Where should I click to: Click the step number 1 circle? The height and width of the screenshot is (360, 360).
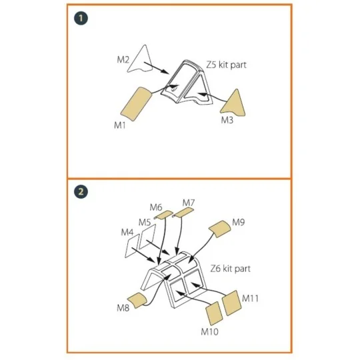point(81,18)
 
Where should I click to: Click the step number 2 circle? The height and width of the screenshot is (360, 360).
point(81,191)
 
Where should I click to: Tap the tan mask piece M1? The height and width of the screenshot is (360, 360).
point(136,103)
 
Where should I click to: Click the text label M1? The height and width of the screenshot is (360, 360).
point(120,125)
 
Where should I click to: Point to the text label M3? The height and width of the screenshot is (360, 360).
point(227,120)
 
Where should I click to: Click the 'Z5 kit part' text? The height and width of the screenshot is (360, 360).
point(226,65)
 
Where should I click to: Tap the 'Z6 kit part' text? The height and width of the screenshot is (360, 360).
point(230,269)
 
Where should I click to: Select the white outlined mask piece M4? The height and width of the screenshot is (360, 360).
point(132,246)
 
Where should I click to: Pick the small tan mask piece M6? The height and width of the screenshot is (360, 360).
point(164,214)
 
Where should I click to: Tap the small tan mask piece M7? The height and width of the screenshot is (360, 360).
point(183,213)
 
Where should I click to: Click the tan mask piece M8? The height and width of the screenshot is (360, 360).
point(137,300)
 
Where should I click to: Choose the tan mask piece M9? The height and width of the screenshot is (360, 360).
point(220,229)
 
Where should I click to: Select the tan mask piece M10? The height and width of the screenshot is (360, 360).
point(214,313)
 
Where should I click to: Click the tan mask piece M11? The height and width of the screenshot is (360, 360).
point(232,303)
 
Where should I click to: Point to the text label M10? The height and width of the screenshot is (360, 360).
point(209,332)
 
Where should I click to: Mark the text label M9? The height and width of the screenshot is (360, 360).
point(239,222)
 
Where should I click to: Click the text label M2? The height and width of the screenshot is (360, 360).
point(123,60)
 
